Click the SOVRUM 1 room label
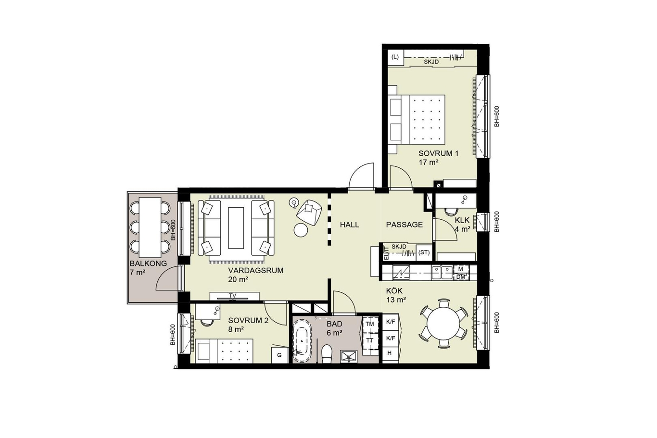pos(438,153)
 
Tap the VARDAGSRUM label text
pos(256,270)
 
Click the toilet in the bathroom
pos(327,354)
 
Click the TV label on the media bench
pos(233,296)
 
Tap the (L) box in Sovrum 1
pos(395,57)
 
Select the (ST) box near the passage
pos(424,252)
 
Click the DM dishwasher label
pos(461,277)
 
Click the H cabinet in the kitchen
pos(390,353)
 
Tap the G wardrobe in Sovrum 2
pos(279,355)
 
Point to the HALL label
pos(350,225)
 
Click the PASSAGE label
pos(404,225)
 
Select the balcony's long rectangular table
pos(150,226)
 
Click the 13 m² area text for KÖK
pos(396,300)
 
